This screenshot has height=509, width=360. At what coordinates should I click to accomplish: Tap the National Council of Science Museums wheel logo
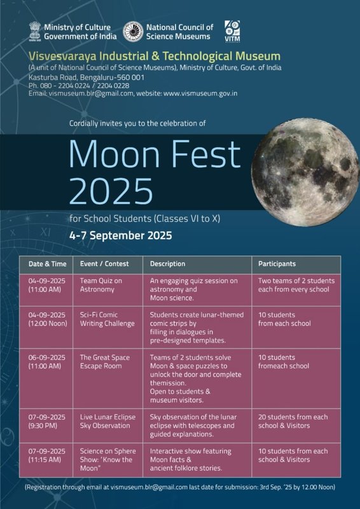[x=133, y=32]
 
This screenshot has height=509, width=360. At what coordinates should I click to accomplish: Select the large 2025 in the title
[x=111, y=190]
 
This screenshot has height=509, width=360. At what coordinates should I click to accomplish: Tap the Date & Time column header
[x=46, y=263]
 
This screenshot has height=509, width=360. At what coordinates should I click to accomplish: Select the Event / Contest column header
[x=104, y=263]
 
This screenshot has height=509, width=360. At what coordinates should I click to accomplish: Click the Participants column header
[x=277, y=263]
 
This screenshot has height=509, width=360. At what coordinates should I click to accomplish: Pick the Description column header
[x=168, y=263]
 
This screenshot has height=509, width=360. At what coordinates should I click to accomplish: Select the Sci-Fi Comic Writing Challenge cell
[x=107, y=319]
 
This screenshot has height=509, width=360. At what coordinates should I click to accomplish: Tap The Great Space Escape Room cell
[x=104, y=362]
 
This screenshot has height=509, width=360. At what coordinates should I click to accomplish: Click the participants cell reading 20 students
[x=293, y=421]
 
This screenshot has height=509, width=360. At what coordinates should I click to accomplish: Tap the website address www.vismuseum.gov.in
[x=200, y=94]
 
